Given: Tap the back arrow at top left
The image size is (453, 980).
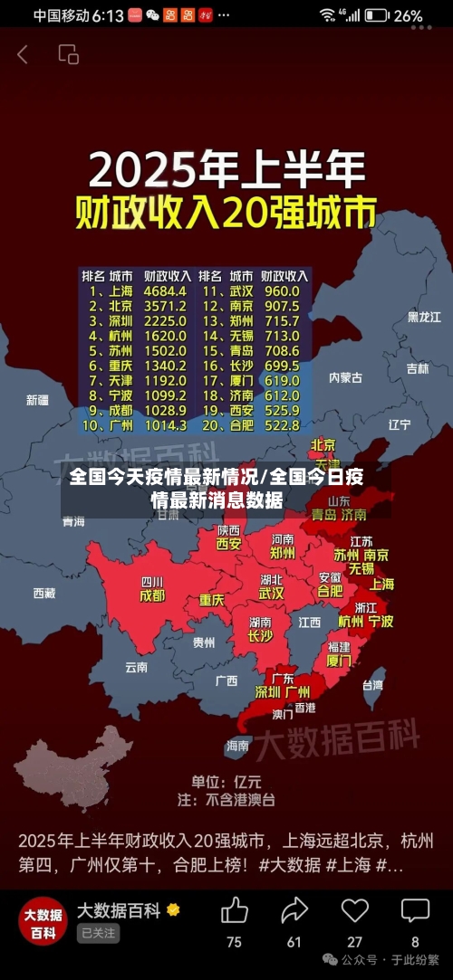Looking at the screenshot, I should [23, 54].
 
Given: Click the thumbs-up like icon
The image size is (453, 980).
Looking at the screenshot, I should [234, 910].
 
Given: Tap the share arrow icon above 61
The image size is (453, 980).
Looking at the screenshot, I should [294, 910].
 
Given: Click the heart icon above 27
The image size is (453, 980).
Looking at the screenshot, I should [354, 910].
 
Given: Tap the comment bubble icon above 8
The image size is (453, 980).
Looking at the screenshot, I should [415, 910].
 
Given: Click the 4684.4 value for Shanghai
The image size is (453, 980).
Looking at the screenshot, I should [164, 291].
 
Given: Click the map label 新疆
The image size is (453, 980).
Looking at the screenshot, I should [38, 400].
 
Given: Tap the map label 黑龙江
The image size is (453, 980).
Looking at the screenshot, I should [424, 317].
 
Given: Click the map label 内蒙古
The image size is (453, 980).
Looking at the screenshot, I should [345, 377].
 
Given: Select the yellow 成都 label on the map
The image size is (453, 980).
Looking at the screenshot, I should [152, 595].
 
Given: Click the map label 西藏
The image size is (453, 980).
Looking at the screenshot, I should [43, 594].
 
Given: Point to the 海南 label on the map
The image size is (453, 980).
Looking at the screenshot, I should [237, 746].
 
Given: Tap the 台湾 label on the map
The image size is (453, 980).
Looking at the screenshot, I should [372, 685].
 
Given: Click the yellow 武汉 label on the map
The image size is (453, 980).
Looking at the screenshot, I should [271, 594].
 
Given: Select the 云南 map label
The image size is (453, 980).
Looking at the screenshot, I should [136, 667].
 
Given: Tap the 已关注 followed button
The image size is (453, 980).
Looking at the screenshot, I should [98, 933].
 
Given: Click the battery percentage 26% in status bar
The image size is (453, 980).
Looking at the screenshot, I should [409, 15].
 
